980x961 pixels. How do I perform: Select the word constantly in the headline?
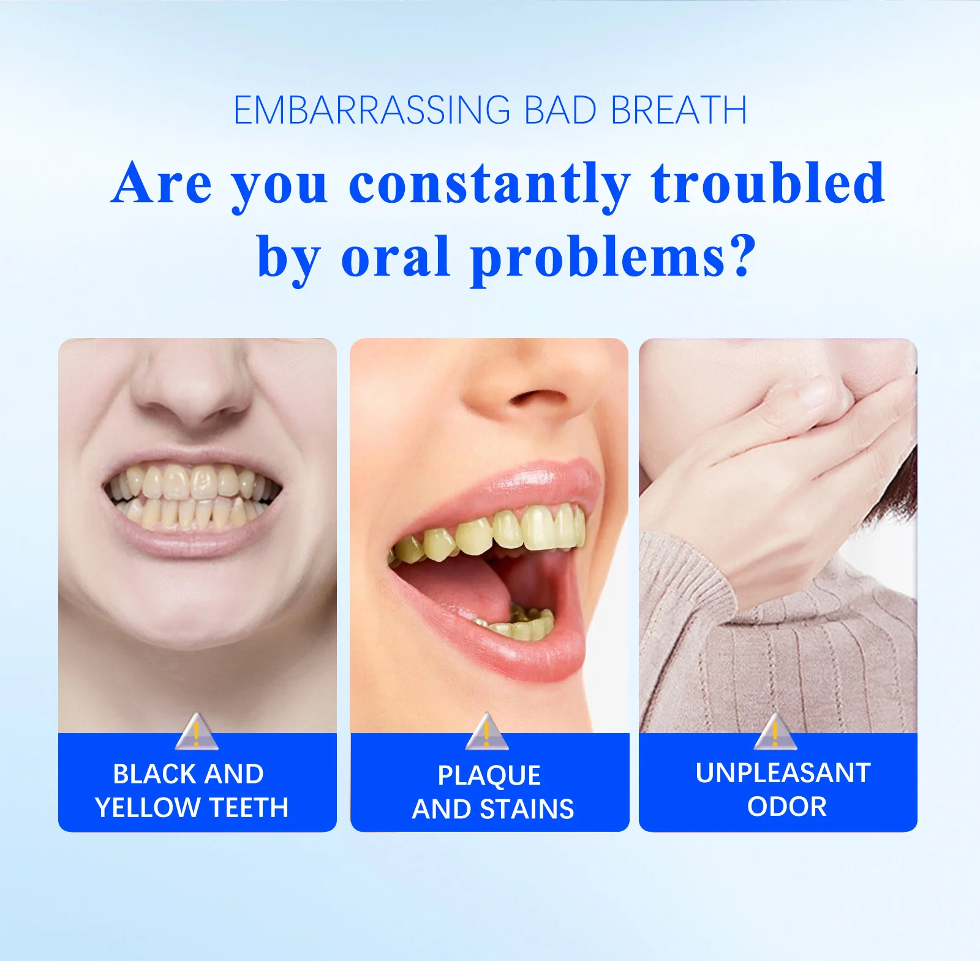pyautogui.click(x=489, y=183)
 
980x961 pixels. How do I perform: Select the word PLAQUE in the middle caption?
pyautogui.click(x=489, y=776)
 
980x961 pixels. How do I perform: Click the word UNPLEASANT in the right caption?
pyautogui.click(x=783, y=773)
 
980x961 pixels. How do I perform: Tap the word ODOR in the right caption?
pyautogui.click(x=786, y=807)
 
